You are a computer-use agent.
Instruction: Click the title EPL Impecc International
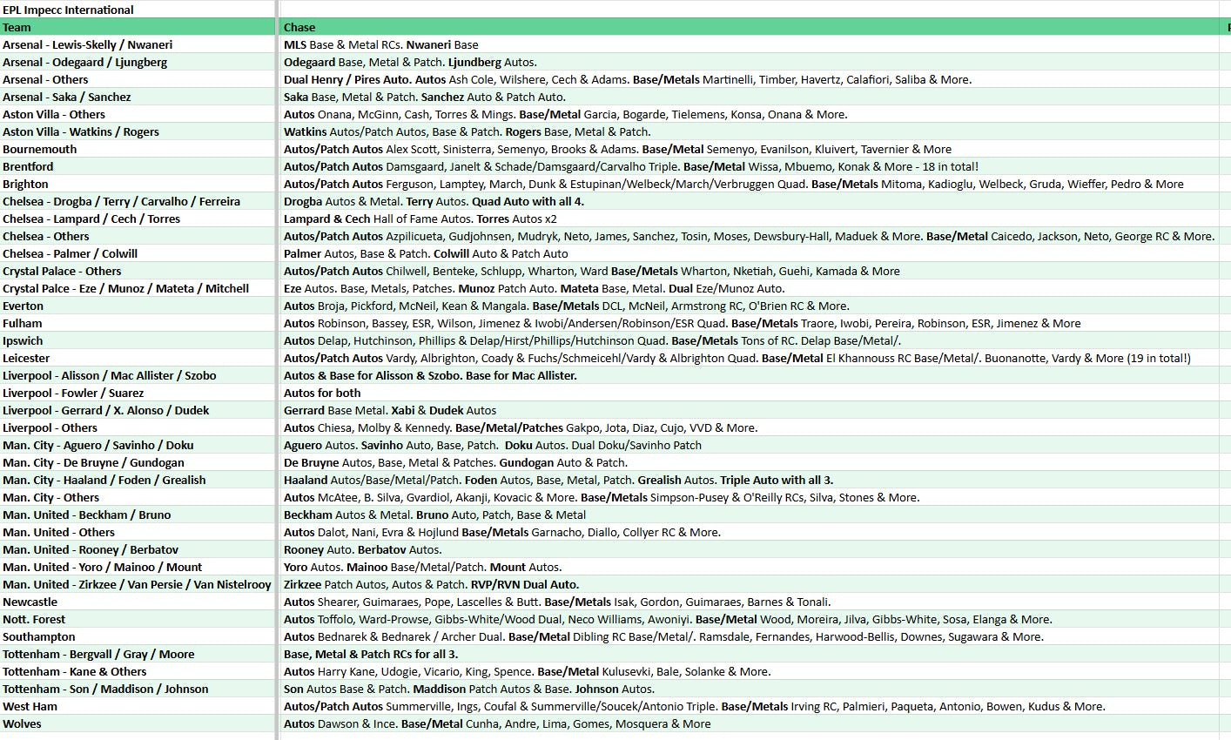click(x=68, y=10)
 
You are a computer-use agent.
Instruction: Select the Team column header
click(x=17, y=27)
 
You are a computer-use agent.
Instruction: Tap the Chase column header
click(x=299, y=27)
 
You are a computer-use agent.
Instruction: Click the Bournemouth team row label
click(x=39, y=149)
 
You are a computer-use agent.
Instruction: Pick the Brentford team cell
click(x=28, y=166)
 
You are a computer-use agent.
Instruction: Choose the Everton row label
click(x=23, y=306)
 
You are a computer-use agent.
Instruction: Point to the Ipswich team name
click(x=23, y=340)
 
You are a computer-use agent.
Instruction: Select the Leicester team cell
click(x=26, y=358)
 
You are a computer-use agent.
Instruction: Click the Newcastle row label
click(x=30, y=602)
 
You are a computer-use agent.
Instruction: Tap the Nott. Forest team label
click(x=34, y=619)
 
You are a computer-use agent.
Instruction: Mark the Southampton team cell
click(x=38, y=636)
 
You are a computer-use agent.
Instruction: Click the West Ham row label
click(x=30, y=706)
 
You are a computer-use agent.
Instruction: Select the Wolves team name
click(x=22, y=723)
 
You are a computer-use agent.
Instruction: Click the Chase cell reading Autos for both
click(x=322, y=393)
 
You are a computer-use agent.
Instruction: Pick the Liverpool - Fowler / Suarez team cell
click(x=73, y=393)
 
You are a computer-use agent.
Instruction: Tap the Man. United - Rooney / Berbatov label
click(x=91, y=549)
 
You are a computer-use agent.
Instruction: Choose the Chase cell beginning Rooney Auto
click(x=362, y=549)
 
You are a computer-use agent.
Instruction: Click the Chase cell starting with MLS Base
click(x=380, y=44)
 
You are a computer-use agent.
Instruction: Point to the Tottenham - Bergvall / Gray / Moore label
click(x=98, y=654)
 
